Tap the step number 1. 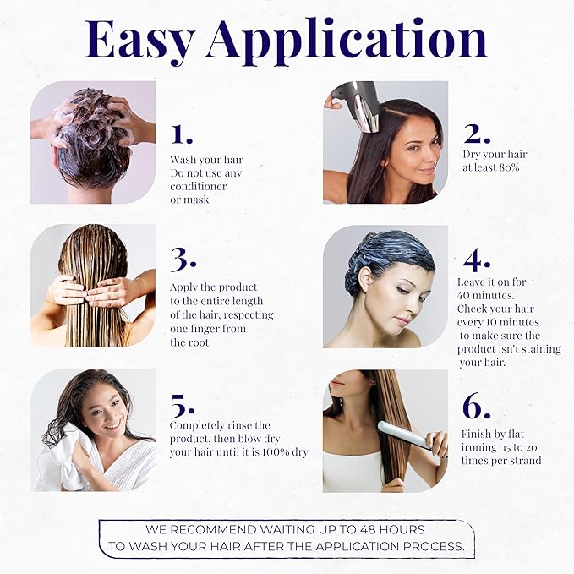(x=182, y=134)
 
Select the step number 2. (x=477, y=134)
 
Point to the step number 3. (x=183, y=260)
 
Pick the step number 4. (x=476, y=260)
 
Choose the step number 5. (x=183, y=406)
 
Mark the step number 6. (x=476, y=406)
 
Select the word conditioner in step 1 (x=198, y=186)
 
